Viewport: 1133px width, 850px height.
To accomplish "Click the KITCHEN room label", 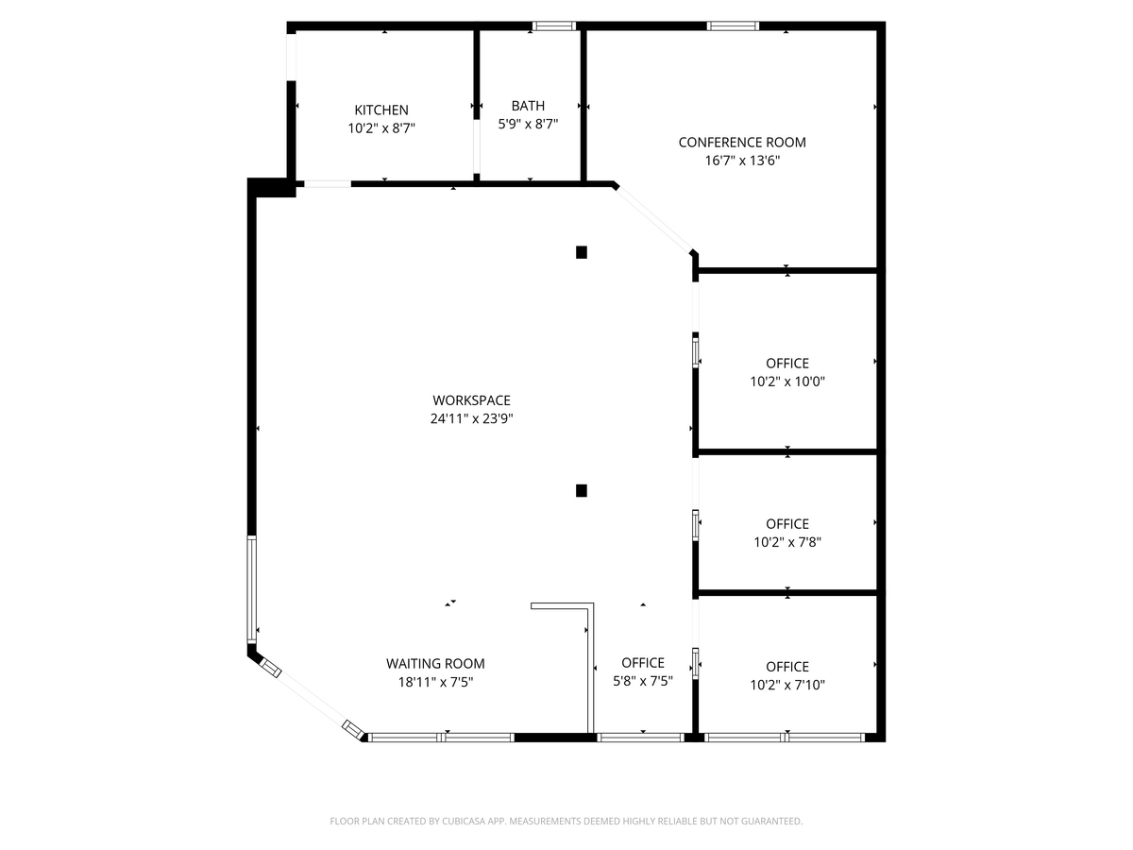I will (381, 110).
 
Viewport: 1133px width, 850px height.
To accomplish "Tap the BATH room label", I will (528, 106).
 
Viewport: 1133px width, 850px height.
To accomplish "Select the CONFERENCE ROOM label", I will (742, 143).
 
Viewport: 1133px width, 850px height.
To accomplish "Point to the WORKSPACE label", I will (471, 400).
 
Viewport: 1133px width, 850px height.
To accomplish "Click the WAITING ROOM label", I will (435, 664).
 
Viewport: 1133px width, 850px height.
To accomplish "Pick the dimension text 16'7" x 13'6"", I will (742, 161).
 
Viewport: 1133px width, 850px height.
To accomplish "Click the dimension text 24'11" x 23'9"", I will (471, 418).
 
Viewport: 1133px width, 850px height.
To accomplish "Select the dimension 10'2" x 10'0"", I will (787, 382).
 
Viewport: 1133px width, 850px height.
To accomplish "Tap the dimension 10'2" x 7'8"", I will (787, 542).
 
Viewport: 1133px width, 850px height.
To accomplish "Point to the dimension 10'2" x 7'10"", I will (787, 685).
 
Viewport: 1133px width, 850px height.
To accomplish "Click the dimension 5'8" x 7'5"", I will (643, 681).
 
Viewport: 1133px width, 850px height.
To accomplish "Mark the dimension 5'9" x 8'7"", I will (528, 124).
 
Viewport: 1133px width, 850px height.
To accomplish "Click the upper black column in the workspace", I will (582, 252).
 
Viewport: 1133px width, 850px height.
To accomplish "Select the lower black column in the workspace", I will (582, 490).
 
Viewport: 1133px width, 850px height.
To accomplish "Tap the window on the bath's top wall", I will (554, 26).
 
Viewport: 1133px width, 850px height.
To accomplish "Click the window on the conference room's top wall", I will (734, 26).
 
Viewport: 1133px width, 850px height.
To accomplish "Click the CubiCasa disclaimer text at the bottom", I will (566, 822).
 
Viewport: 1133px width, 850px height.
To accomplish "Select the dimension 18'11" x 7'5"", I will (435, 682).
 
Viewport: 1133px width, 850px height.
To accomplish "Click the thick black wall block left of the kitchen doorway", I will (272, 187).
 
